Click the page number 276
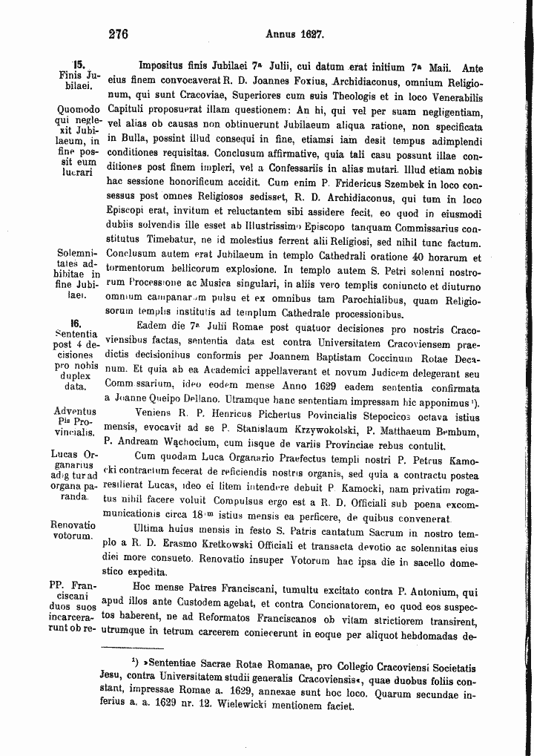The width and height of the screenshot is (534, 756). click(118, 33)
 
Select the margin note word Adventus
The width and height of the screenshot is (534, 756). click(76, 411)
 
